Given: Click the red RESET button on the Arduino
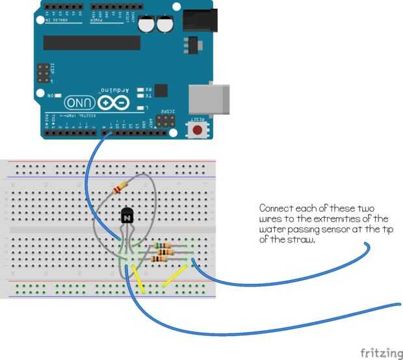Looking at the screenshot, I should (197, 130).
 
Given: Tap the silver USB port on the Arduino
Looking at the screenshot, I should (209, 97).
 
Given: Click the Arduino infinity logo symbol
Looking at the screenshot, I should (114, 103).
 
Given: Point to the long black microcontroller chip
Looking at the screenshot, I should (92, 43).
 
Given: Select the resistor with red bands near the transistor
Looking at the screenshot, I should (118, 189).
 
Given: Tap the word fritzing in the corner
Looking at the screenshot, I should (381, 353).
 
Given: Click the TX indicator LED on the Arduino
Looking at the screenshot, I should (141, 96).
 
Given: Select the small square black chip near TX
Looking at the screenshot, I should (161, 91).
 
